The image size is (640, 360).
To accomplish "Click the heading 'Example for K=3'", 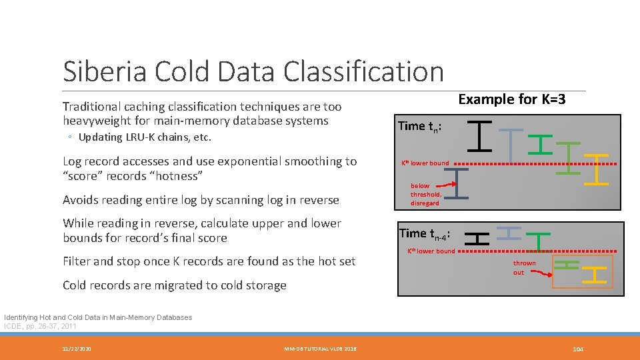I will [511, 99].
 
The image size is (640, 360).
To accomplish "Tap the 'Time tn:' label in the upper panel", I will [419, 126].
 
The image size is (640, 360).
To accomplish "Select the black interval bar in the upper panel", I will [480, 135].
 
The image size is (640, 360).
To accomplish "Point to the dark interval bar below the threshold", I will [456, 183].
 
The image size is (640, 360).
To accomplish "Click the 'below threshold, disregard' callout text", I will [425, 194].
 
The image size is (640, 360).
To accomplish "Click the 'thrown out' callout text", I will [524, 267].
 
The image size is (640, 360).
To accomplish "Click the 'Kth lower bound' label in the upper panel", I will [425, 163].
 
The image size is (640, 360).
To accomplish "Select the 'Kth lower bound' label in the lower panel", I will [431, 251].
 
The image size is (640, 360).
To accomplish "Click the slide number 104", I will [577, 349].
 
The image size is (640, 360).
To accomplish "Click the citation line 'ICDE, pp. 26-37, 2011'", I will [40, 326].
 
